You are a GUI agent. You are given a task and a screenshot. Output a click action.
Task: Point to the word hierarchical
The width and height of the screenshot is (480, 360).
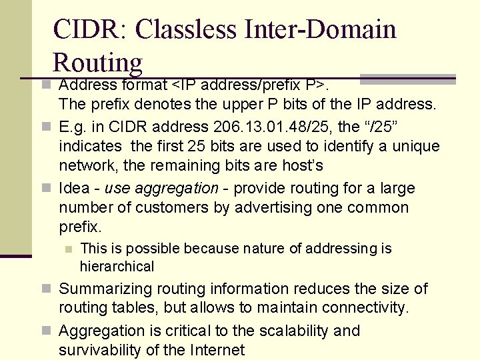pos(117,267)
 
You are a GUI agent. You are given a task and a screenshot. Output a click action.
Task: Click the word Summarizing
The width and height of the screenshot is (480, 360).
pos(103,289)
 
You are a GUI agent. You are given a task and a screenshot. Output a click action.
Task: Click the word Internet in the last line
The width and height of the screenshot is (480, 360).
pos(219,349)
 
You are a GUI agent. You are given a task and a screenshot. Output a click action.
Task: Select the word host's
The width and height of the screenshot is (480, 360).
pos(304,165)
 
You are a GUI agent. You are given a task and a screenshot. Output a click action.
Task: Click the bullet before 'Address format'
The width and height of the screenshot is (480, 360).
pos(45,85)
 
